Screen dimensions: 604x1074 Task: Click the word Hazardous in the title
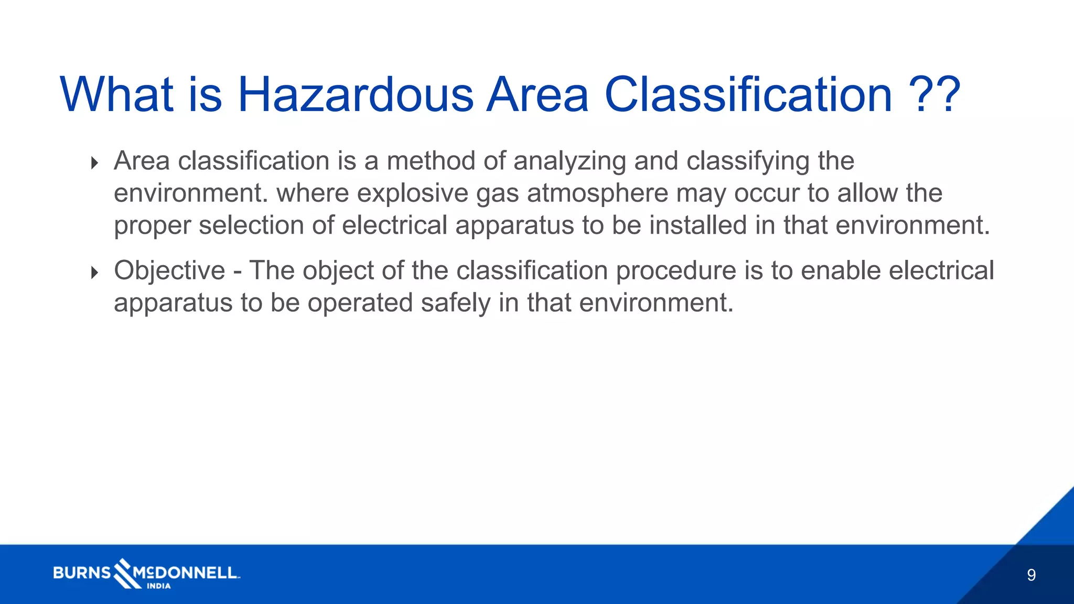[355, 95]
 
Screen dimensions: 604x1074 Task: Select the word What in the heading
[116, 95]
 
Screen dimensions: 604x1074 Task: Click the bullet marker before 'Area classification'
[94, 163]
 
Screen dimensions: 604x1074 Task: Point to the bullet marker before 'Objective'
[94, 272]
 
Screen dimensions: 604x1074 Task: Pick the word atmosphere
[597, 193]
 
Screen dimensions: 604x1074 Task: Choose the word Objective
[169, 271]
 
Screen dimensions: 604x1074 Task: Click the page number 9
[1031, 575]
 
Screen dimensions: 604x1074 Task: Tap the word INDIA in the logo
[158, 586]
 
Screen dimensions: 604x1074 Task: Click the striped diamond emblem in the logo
[124, 573]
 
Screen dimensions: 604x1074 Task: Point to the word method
[431, 161]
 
